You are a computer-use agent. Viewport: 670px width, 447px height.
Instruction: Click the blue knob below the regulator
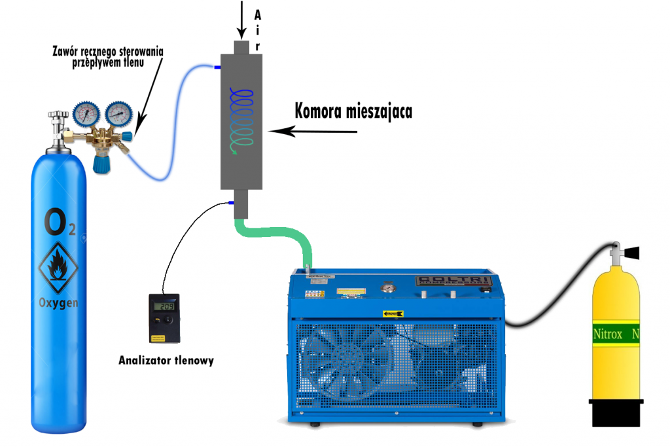pos(101,164)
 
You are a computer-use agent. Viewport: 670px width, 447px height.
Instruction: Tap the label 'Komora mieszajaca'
pos(353,111)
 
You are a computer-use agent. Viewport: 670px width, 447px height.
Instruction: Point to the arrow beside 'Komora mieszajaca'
pos(314,132)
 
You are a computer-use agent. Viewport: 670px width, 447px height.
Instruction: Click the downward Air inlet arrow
pos(242,18)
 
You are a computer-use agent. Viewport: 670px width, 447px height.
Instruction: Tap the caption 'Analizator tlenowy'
pos(166,360)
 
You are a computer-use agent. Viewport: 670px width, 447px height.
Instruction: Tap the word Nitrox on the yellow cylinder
pos(607,334)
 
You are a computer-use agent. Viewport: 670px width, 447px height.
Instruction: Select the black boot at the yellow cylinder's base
pos(615,412)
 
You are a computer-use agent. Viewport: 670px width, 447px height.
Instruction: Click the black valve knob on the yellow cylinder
pos(633,251)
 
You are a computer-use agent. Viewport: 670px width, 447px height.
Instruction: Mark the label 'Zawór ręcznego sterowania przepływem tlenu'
pos(109,56)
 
